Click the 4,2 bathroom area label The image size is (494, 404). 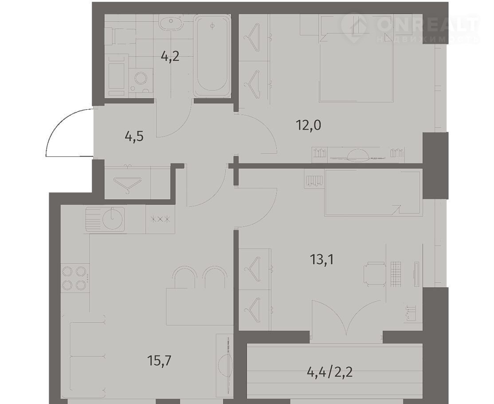tap(170, 57)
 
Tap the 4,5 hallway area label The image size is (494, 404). tap(134, 137)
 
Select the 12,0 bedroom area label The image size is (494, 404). tap(308, 126)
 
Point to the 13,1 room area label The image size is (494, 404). tap(322, 260)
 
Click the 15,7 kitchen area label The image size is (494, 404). tap(159, 360)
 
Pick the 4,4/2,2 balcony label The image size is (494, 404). tap(329, 372)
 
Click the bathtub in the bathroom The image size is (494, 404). tap(212, 56)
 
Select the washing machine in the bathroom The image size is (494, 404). tap(141, 81)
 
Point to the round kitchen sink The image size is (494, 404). tap(113, 218)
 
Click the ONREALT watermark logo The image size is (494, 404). tap(410, 28)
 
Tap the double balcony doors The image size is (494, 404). tap(346, 318)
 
